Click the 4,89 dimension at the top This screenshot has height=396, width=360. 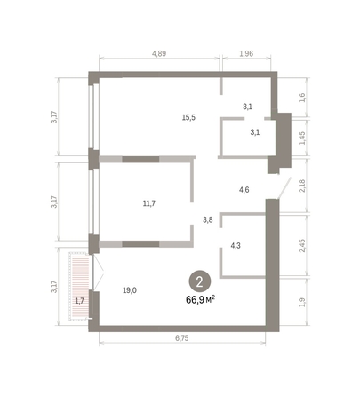(159, 54)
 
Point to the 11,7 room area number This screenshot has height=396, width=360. (149, 203)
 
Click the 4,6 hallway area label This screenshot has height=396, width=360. (244, 189)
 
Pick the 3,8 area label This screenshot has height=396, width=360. (208, 218)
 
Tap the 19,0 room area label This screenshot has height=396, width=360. (130, 289)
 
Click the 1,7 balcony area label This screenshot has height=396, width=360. (79, 301)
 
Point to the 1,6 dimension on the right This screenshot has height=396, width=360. (301, 97)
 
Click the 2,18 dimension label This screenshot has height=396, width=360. (301, 186)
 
